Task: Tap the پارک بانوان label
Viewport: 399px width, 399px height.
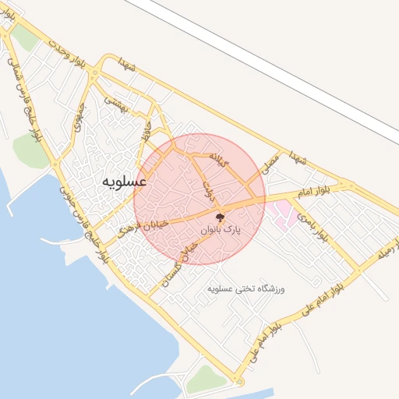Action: click(x=221, y=231)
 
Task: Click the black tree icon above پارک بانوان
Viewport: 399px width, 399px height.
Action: click(x=221, y=217)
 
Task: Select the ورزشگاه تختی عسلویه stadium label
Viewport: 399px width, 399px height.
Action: click(x=247, y=288)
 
